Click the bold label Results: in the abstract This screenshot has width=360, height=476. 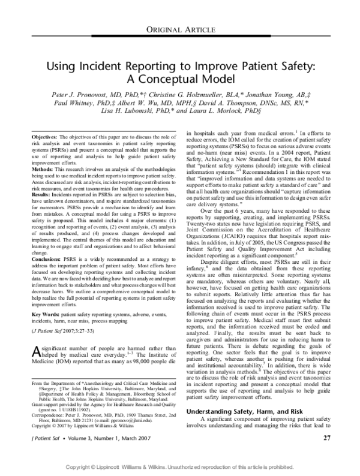pyautogui.click(x=40, y=194)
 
